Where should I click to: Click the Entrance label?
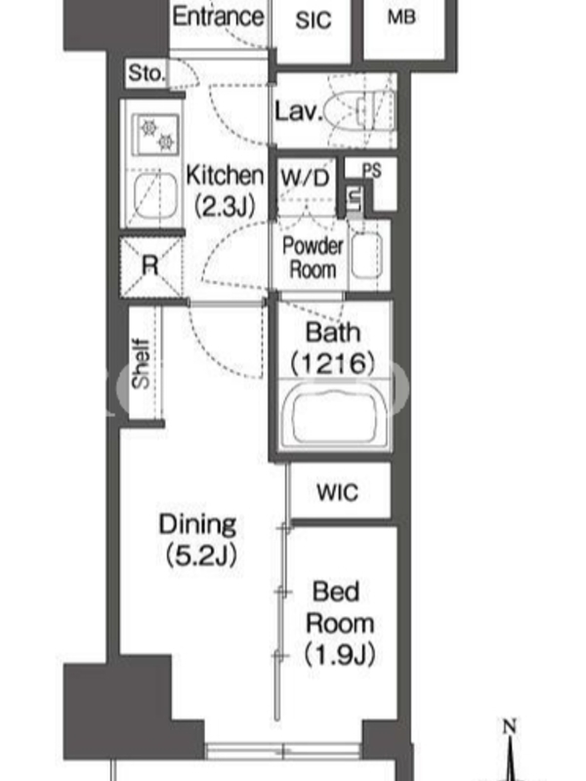tap(218, 17)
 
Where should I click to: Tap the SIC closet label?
tap(314, 21)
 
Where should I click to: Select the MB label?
tap(401, 17)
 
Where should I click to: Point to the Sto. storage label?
tap(146, 73)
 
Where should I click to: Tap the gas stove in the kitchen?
tap(155, 135)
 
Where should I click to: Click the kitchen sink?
tap(155, 196)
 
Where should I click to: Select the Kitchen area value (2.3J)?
tap(225, 205)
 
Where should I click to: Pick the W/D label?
tap(305, 178)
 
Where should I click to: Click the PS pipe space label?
tap(372, 170)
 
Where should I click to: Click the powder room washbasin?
tap(367, 255)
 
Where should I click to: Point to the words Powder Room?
tap(313, 258)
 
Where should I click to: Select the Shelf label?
tap(141, 363)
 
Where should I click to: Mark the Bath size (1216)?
tap(333, 362)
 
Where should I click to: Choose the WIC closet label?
tap(337, 492)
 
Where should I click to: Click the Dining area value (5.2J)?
tap(201, 555)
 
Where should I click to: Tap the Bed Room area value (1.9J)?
tap(340, 654)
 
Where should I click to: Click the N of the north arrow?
tap(509, 726)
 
